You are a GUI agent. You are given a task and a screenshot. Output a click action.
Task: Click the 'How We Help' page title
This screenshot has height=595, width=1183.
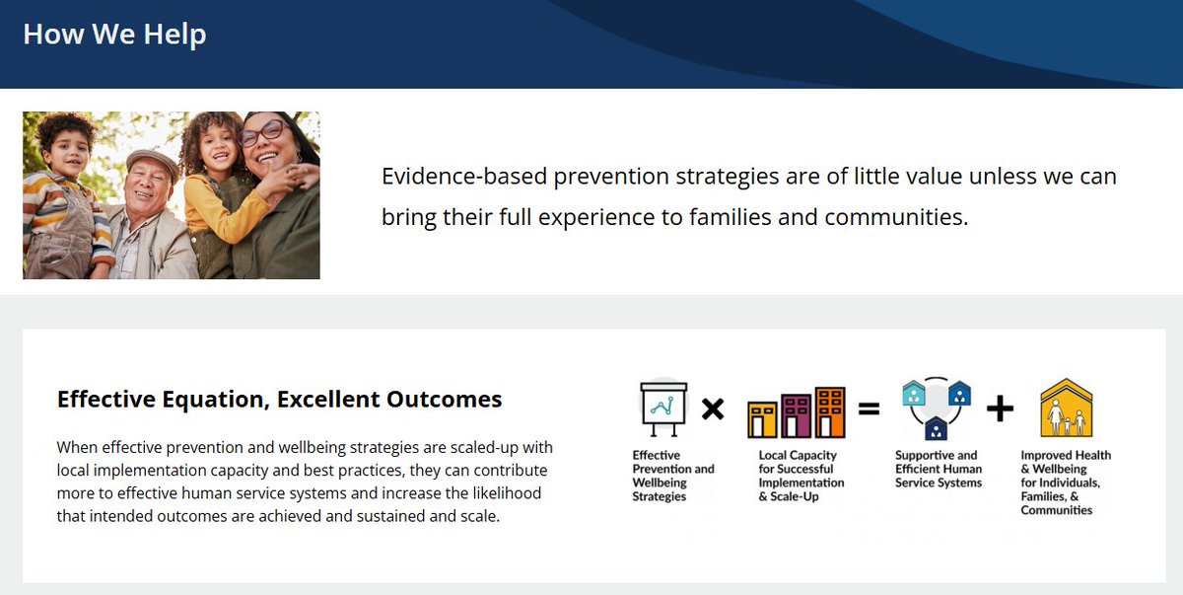pos(114,35)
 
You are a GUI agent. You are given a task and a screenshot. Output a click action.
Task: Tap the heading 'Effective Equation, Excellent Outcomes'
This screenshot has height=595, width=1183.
pos(279,400)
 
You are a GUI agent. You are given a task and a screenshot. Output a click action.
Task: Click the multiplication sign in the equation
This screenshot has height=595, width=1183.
pos(713,409)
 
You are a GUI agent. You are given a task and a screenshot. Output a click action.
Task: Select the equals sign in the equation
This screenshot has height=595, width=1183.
pos(869,409)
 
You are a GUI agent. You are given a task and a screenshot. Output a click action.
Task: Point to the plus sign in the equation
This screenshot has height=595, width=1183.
pos(1000,409)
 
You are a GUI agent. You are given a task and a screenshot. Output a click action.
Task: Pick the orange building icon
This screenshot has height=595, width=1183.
pos(830,412)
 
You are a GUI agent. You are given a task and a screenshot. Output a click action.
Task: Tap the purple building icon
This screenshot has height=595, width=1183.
pos(796,415)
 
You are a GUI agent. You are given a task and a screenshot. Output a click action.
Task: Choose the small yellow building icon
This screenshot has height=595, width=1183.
pos(762,419)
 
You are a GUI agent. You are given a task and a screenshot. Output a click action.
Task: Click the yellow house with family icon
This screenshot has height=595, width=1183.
pos(1067,408)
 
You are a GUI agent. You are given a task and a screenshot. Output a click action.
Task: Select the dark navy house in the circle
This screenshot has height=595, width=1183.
pos(936,428)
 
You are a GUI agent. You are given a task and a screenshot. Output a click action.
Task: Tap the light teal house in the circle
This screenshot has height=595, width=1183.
pos(914,393)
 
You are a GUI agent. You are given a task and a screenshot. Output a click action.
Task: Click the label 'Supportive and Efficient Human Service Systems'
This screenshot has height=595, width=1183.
pos(939,469)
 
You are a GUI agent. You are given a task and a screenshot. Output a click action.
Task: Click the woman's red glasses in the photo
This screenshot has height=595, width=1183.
pos(262,132)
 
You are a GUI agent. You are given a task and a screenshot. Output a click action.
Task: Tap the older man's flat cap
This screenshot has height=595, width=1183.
pos(153,162)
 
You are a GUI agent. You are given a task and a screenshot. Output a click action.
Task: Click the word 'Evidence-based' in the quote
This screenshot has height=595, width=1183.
pos(463,176)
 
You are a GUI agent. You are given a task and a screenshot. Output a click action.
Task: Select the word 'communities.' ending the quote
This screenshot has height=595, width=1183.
pos(896,217)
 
